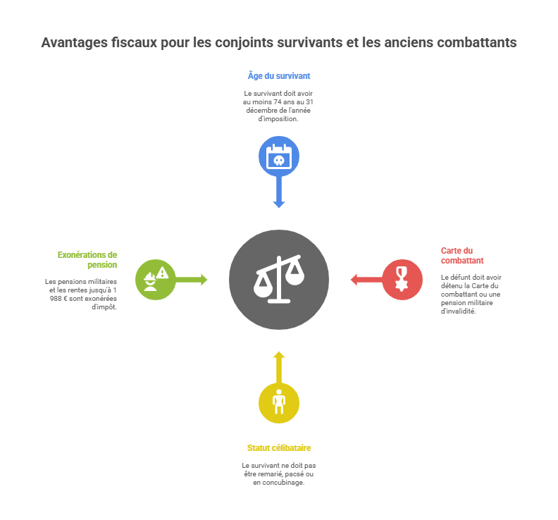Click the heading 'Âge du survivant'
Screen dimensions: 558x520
[x=279, y=76]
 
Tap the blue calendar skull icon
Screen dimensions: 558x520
[x=279, y=156]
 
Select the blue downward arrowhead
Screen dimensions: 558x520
[x=279, y=204]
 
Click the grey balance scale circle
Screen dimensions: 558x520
[x=279, y=280]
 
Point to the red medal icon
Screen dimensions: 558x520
[x=402, y=280]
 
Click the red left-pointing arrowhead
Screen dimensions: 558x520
[x=354, y=280]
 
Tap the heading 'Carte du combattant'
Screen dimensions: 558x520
[x=462, y=256]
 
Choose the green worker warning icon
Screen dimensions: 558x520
[x=156, y=280]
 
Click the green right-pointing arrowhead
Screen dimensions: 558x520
[x=204, y=280]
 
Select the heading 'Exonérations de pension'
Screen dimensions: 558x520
[x=87, y=260]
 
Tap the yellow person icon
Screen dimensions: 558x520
[x=279, y=403]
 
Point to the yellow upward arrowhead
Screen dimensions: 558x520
[x=279, y=355]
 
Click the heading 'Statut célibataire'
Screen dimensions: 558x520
[x=279, y=447]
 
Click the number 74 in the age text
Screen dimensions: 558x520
[x=278, y=101]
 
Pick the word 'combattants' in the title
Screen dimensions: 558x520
[x=477, y=42]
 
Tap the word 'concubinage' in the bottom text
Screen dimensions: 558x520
[x=283, y=483]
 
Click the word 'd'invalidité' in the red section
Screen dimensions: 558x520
[x=459, y=311]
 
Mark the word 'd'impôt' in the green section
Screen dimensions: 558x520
[x=104, y=307]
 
